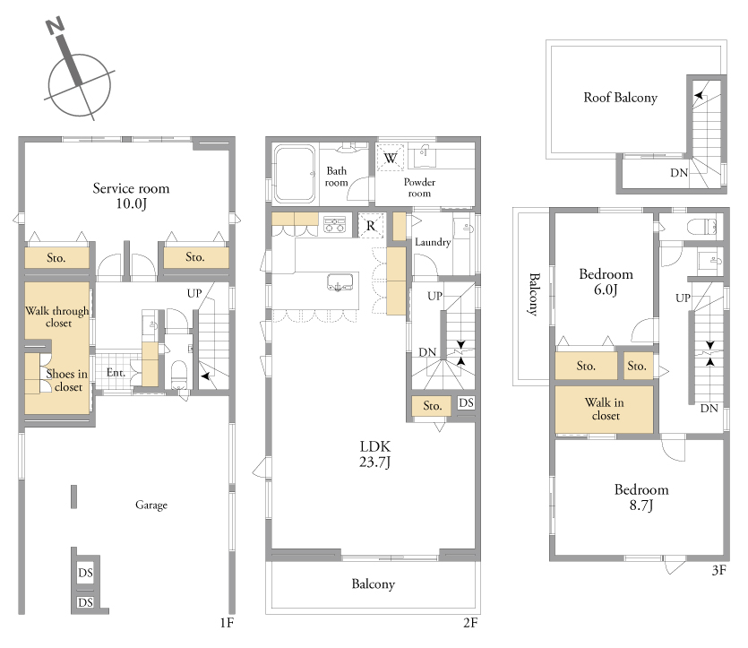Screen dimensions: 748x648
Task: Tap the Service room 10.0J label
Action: click(x=131, y=195)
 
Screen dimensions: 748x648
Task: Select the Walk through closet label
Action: click(x=57, y=317)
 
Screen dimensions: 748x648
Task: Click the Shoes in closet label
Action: click(x=67, y=380)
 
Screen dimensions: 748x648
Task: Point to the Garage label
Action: click(x=151, y=505)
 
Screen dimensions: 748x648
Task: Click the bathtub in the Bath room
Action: click(x=295, y=174)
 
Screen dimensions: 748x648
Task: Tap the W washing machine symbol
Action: click(x=391, y=158)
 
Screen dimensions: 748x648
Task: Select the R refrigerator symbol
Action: click(x=371, y=225)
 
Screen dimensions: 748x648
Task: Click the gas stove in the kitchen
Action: click(x=335, y=224)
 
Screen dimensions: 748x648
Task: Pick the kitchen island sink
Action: click(x=340, y=282)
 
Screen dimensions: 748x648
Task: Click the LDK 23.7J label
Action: click(x=375, y=454)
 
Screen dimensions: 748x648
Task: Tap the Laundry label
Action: click(x=432, y=242)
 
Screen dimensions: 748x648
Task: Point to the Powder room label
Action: click(x=419, y=187)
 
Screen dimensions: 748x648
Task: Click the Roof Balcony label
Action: click(x=620, y=98)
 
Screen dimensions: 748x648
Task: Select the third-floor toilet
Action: click(x=701, y=226)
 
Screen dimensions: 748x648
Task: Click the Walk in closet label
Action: click(x=605, y=409)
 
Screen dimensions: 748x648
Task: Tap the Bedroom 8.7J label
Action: click(x=641, y=497)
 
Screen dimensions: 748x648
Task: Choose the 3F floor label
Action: click(x=719, y=570)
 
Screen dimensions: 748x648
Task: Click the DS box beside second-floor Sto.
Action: click(x=466, y=403)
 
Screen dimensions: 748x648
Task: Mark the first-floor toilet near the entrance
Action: click(x=179, y=374)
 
